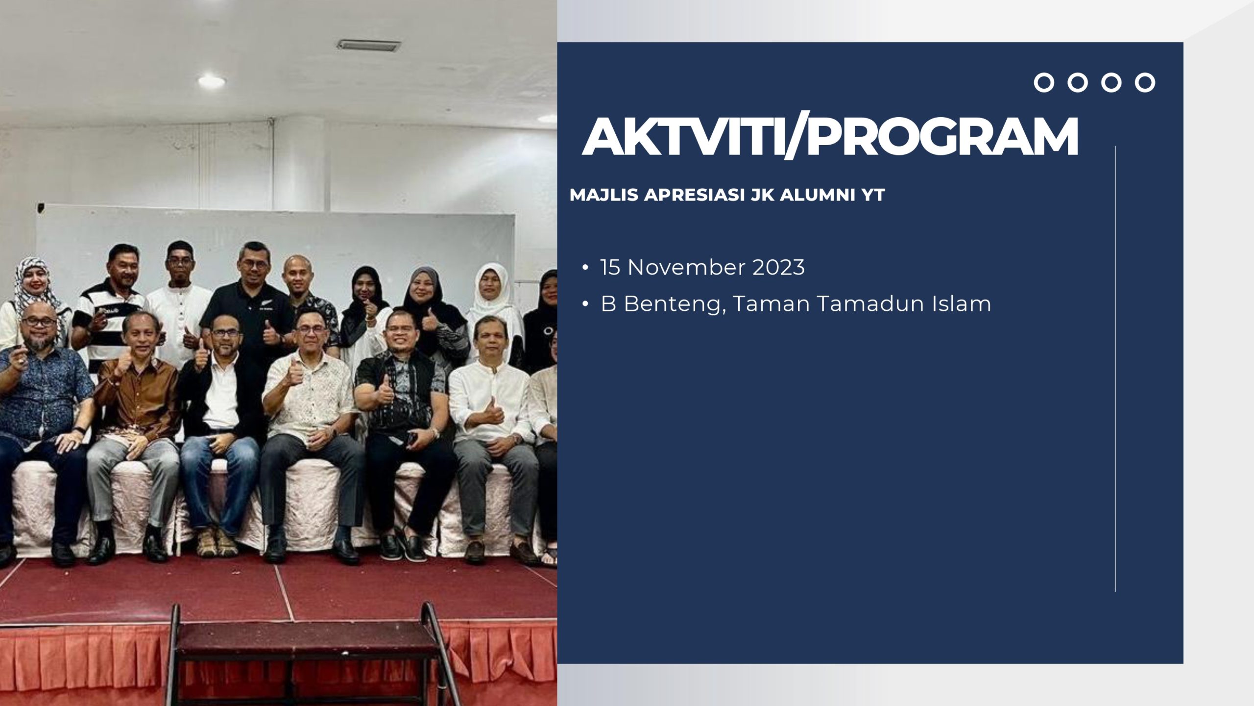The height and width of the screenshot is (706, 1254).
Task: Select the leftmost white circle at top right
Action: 1044,83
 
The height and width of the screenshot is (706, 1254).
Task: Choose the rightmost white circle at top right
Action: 1145,83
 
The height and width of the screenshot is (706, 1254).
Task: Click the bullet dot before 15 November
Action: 585,268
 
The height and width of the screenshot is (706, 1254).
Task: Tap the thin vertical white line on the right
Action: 1115,369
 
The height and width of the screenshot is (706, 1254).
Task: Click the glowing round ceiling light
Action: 212,80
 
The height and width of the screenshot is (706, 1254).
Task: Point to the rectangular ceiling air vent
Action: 368,46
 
